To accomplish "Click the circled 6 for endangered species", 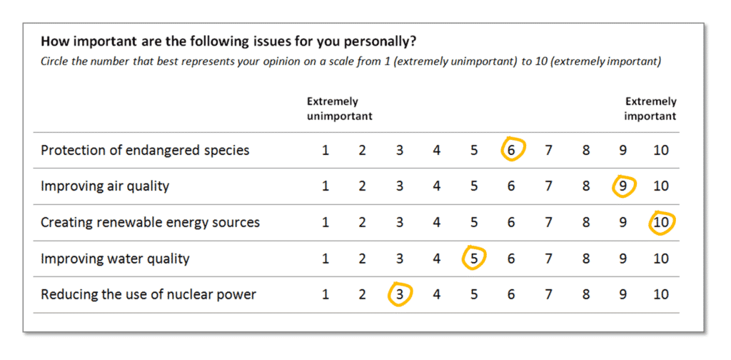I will pyautogui.click(x=512, y=150).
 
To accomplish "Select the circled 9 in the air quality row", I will pyautogui.click(x=623, y=186).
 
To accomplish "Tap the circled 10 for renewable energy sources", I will pyautogui.click(x=661, y=222).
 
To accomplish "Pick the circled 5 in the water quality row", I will pyautogui.click(x=474, y=259).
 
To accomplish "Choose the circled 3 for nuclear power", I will pyautogui.click(x=400, y=294).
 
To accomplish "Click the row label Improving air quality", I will pyautogui.click(x=105, y=186).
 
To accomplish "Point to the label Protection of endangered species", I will pyautogui.click(x=145, y=150).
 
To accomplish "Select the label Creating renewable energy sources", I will pyautogui.click(x=150, y=222).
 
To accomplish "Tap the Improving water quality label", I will pyautogui.click(x=115, y=259).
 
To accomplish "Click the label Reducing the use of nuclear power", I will pyautogui.click(x=148, y=294).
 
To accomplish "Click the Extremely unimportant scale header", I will pyautogui.click(x=339, y=109).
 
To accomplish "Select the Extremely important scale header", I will pyautogui.click(x=650, y=109).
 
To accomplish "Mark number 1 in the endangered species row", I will pyautogui.click(x=326, y=150).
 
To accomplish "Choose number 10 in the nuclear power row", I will pyautogui.click(x=661, y=294).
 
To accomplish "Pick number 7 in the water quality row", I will pyautogui.click(x=549, y=259).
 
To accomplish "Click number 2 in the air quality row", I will pyautogui.click(x=363, y=186).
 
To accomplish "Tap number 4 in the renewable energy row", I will pyautogui.click(x=437, y=222).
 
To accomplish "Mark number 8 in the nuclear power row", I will pyautogui.click(x=586, y=294).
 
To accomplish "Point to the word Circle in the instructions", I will pyautogui.click(x=54, y=61).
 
